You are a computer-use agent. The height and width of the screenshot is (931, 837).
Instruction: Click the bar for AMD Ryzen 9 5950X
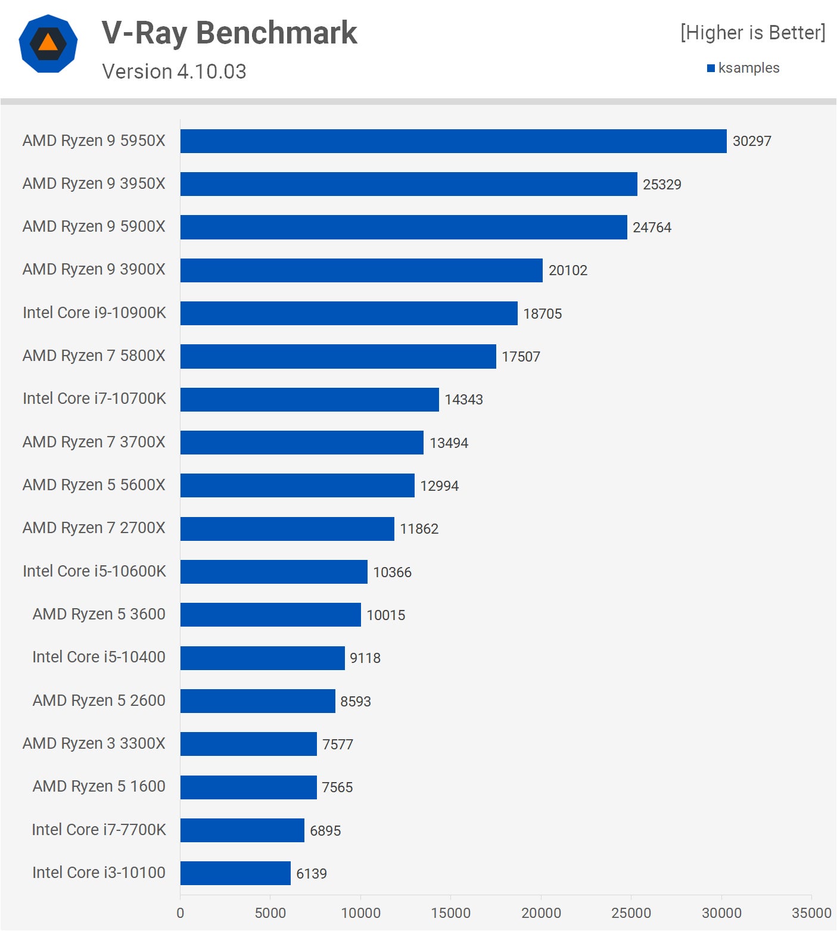pyautogui.click(x=453, y=141)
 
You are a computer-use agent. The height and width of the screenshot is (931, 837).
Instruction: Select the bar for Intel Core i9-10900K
pyautogui.click(x=349, y=313)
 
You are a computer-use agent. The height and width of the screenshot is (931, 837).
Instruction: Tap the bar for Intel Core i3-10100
pyautogui.click(x=235, y=873)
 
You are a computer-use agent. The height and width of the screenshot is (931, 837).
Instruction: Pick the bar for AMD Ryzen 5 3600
pyautogui.click(x=270, y=615)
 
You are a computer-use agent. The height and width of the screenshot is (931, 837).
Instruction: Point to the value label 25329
pyautogui.click(x=662, y=185)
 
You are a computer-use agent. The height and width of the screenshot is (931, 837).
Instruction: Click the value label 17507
pyautogui.click(x=521, y=357)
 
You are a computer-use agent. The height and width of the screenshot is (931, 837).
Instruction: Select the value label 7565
pyautogui.click(x=337, y=787)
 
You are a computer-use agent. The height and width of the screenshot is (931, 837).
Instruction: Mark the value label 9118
pyautogui.click(x=365, y=658)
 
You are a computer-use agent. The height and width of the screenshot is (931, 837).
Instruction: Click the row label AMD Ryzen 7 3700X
pyautogui.click(x=94, y=442)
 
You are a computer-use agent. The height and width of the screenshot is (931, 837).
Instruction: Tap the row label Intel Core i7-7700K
pyautogui.click(x=98, y=830)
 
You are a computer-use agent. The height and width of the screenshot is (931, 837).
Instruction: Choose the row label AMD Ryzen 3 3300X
pyautogui.click(x=94, y=743)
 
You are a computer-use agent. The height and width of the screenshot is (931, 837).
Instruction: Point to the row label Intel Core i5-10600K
pyautogui.click(x=94, y=571)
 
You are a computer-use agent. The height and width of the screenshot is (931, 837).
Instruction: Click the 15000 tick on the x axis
pyautogui.click(x=450, y=913)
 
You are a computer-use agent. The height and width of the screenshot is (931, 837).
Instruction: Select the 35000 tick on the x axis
pyautogui.click(x=811, y=913)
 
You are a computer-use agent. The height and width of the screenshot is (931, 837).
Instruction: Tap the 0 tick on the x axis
pyautogui.click(x=181, y=913)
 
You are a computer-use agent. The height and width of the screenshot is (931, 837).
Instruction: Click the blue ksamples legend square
pyautogui.click(x=711, y=68)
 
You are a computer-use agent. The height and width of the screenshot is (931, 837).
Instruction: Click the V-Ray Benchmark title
pyautogui.click(x=229, y=33)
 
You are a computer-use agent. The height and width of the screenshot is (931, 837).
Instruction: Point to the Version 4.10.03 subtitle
pyautogui.click(x=174, y=71)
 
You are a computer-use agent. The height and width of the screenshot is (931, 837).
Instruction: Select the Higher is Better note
pyautogui.click(x=752, y=33)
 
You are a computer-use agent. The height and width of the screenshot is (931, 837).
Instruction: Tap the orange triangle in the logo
pyautogui.click(x=48, y=43)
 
